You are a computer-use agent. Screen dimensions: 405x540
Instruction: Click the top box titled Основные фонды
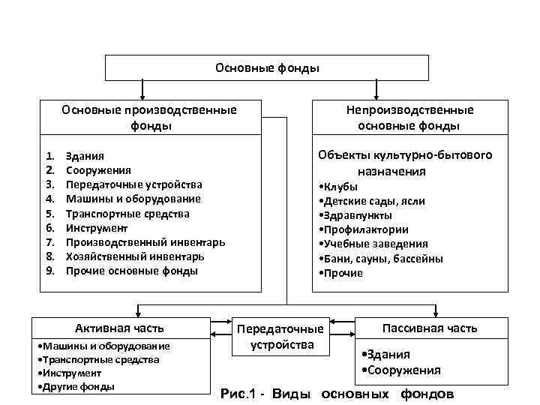[267, 67]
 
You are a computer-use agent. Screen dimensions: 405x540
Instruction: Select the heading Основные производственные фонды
[149, 118]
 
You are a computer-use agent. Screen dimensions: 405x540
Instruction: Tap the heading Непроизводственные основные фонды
[409, 118]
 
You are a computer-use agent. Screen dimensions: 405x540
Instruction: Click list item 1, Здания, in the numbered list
[85, 156]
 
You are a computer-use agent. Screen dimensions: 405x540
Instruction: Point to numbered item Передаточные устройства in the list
[133, 184]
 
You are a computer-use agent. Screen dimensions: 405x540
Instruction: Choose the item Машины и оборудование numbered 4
[133, 199]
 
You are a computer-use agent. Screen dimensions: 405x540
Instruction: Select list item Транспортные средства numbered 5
[127, 214]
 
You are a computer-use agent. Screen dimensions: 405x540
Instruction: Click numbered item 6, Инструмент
[97, 228]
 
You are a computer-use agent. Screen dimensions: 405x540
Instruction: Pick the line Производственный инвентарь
[145, 242]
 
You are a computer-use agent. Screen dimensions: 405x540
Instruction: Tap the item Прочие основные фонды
[131, 271]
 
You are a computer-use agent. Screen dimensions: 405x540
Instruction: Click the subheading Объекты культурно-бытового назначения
[405, 163]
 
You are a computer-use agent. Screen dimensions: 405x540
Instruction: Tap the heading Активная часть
[119, 328]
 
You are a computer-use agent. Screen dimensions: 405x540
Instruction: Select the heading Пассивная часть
[430, 328]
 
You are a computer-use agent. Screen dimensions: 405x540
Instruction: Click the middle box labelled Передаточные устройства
[280, 337]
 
